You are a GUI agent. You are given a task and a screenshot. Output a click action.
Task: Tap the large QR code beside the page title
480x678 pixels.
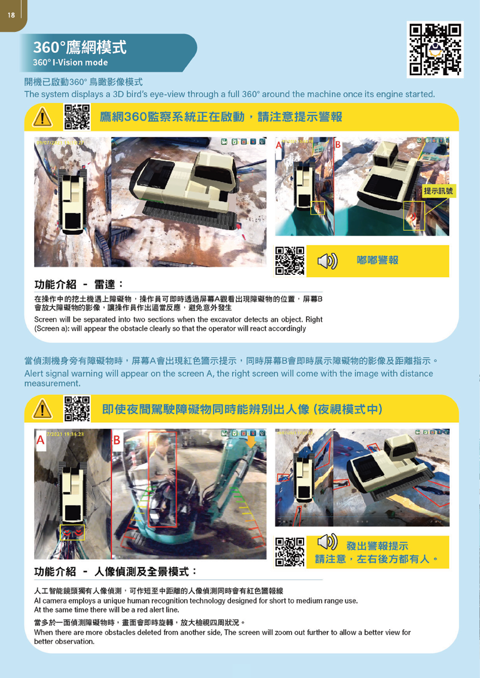pyautogui.click(x=435, y=50)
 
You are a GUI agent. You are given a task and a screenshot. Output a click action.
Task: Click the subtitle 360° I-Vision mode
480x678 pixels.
pyautogui.click(x=70, y=63)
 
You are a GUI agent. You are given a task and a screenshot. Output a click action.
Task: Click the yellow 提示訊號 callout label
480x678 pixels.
pyautogui.click(x=439, y=191)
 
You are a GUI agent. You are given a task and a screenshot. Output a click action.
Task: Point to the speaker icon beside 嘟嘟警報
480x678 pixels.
pyautogui.click(x=327, y=261)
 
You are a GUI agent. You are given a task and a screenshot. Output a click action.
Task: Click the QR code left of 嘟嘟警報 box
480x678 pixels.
pyautogui.click(x=290, y=261)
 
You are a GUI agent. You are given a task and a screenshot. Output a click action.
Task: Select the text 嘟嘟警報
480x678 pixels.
pyautogui.click(x=377, y=260)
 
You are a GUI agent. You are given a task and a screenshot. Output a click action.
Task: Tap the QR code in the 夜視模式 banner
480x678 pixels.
pyautogui.click(x=77, y=408)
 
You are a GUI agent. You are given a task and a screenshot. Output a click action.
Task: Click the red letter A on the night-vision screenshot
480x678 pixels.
pyautogui.click(x=40, y=441)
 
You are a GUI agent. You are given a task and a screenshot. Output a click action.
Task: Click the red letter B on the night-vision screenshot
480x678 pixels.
pyautogui.click(x=116, y=441)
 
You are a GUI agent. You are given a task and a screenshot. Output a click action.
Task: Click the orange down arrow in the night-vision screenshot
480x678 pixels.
pyautogui.click(x=251, y=443)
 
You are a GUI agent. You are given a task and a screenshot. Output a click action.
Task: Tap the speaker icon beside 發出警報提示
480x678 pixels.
pyautogui.click(x=327, y=543)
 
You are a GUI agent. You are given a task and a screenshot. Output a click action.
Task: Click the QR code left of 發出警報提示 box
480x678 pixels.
pyautogui.click(x=290, y=552)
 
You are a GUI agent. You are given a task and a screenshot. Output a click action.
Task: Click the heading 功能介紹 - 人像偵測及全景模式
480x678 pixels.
pyautogui.click(x=116, y=571)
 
